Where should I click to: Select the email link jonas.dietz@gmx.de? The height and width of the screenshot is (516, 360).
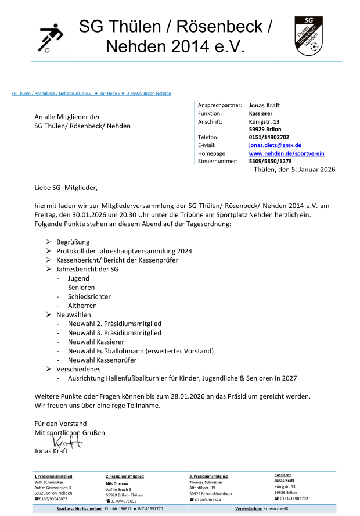pos(275,145)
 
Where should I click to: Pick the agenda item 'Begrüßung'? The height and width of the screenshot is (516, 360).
pos(73,242)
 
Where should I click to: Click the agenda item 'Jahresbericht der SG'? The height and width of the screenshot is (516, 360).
pos(87,270)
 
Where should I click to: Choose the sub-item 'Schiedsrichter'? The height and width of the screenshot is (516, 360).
pos(90,296)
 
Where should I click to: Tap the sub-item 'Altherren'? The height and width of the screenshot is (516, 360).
pos(82,306)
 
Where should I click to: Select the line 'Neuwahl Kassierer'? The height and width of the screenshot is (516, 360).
pos(99,342)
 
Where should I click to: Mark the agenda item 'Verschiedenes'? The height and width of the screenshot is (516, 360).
pos(78,369)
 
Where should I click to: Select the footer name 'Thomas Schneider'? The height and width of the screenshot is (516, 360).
pos(206,482)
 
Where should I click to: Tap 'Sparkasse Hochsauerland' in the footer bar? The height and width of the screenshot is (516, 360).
pos(80,508)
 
